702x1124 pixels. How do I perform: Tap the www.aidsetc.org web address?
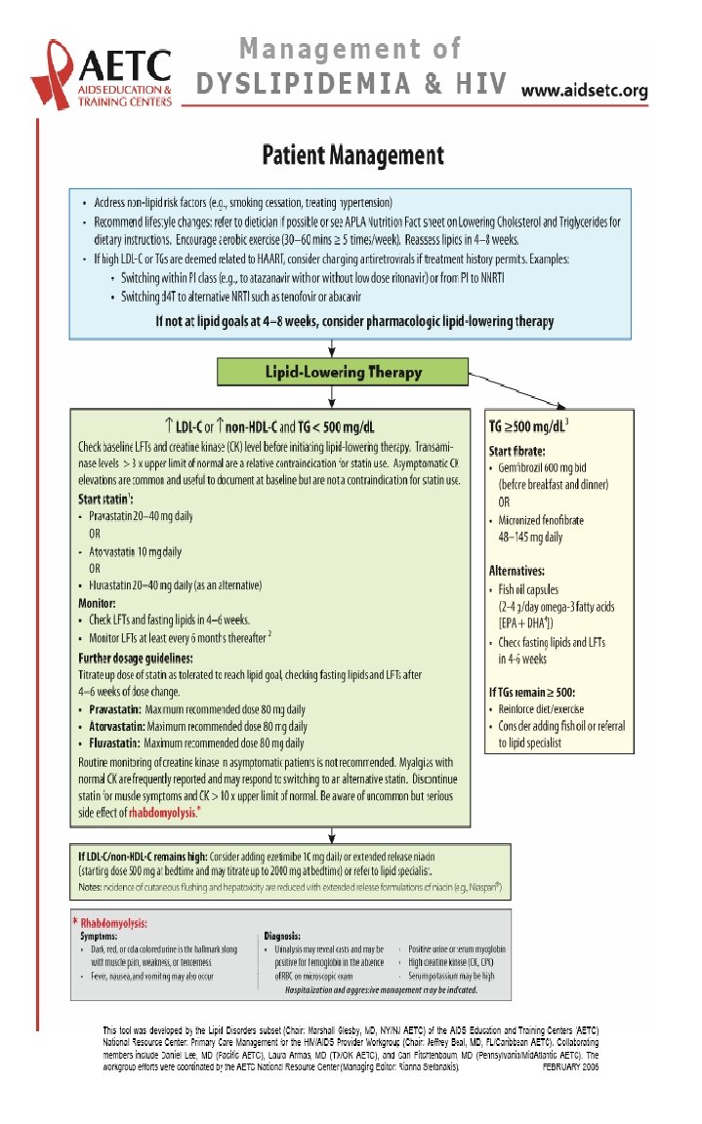(x=585, y=91)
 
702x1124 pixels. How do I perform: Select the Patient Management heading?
(x=352, y=155)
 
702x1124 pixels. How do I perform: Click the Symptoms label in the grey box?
(x=103, y=935)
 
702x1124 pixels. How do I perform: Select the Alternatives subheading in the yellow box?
(x=516, y=570)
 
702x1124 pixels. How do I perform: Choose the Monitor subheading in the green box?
(x=98, y=604)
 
